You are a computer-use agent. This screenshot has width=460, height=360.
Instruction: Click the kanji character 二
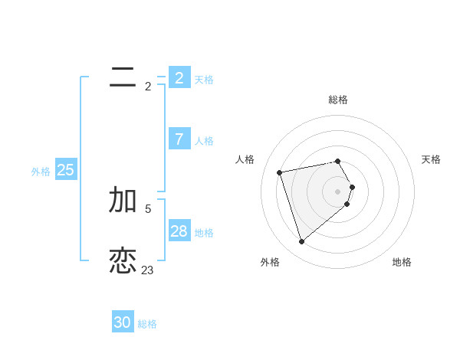[123, 77]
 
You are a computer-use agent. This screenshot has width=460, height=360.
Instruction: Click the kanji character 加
[123, 199]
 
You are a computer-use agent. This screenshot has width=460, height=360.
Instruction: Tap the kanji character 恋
[123, 260]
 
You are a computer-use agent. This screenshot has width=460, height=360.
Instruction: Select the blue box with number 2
[179, 77]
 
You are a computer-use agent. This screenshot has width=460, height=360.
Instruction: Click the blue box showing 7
[179, 139]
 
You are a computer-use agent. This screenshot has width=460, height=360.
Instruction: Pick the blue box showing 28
[179, 231]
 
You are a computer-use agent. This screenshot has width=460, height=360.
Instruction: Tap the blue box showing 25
[66, 170]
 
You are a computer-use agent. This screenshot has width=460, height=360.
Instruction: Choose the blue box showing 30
[123, 322]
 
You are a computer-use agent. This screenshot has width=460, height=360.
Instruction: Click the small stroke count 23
[147, 270]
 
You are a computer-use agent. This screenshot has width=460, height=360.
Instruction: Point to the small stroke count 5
[148, 208]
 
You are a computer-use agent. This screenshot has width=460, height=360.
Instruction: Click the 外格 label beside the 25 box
[41, 172]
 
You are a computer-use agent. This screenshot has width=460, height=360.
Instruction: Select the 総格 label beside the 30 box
[147, 324]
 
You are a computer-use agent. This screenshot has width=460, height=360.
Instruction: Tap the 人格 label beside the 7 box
[204, 141]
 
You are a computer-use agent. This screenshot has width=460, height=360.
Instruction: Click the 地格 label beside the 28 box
[204, 233]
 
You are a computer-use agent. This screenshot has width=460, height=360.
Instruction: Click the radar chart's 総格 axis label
[338, 100]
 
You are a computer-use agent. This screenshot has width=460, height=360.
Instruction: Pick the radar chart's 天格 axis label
[431, 159]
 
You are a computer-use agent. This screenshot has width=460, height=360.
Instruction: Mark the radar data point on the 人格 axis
[280, 172]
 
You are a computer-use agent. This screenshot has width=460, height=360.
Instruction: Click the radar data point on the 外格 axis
[302, 241]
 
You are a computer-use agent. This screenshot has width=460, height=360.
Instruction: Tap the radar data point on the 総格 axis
[338, 161]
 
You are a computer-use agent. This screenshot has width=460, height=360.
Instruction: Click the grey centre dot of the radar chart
[338, 191]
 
